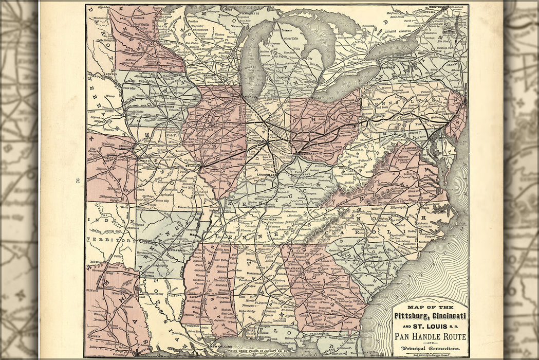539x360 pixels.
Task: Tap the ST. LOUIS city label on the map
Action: point(192,166)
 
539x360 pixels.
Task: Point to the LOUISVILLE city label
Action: point(267,175)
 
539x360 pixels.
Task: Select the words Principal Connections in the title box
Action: point(430,350)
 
